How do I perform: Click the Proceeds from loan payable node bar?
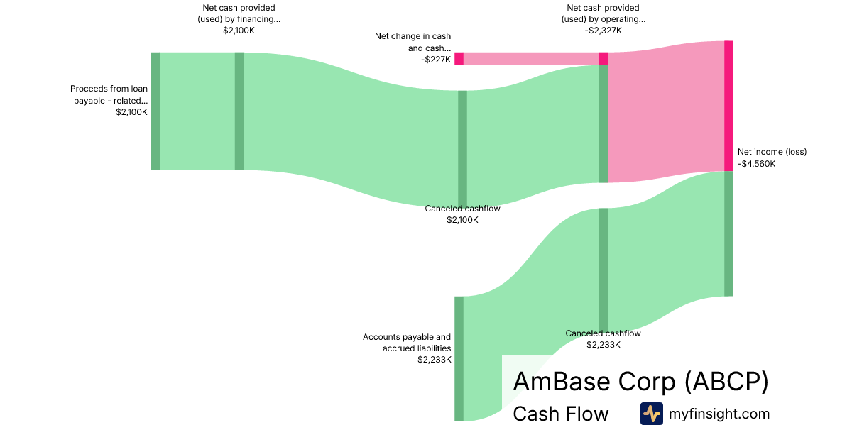tap(155, 111)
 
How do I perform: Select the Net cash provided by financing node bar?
tap(239, 111)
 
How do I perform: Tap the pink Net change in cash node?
tap(459, 58)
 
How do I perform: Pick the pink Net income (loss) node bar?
tap(728, 106)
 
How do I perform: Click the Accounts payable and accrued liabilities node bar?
tap(459, 358)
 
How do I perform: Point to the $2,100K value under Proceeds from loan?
tap(131, 112)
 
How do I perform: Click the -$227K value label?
tap(435, 60)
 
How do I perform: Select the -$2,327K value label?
tap(603, 31)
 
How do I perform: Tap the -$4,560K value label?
tap(757, 164)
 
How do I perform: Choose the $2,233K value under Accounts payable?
tap(435, 360)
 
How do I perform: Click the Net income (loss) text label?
tap(772, 152)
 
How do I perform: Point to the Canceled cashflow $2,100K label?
tap(462, 214)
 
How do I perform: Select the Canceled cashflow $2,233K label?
tap(603, 339)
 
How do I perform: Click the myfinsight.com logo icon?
tap(651, 414)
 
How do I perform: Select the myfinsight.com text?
tap(719, 414)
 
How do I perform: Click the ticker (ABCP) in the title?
tap(726, 382)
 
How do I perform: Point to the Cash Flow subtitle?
tap(560, 414)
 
